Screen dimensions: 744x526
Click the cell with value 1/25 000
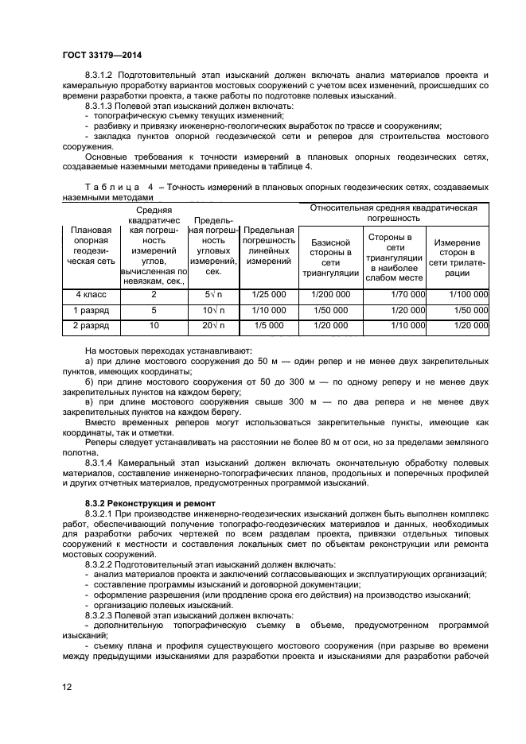tap(268, 295)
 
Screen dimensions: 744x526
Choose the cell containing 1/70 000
tap(408, 295)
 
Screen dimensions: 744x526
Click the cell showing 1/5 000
tap(268, 326)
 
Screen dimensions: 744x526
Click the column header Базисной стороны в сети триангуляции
tap(330, 258)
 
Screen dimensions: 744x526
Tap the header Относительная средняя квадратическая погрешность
tap(393, 212)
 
